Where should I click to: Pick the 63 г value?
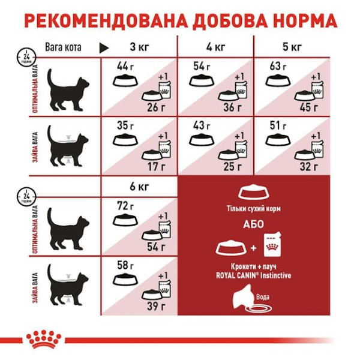(x=277, y=66)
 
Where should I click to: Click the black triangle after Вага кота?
(x=103, y=47)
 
